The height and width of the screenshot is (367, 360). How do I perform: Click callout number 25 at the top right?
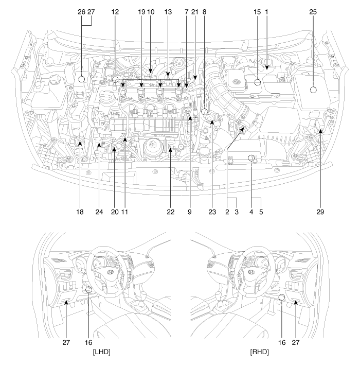313,12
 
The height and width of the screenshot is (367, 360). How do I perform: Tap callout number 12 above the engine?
115,12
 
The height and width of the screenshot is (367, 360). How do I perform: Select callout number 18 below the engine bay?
80,212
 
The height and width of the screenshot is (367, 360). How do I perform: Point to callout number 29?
320,212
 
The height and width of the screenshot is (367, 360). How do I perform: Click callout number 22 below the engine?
171,212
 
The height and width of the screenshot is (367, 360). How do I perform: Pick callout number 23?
212,212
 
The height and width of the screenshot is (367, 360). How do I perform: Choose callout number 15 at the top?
257,12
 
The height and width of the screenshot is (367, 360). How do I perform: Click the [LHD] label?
101,352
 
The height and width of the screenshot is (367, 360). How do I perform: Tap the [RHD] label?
259,352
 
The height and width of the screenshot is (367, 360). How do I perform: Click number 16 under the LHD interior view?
88,342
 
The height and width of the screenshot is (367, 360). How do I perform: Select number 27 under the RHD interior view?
296,342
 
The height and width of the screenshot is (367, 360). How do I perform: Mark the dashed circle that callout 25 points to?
313,90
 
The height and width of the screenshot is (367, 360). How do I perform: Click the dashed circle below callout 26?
81,79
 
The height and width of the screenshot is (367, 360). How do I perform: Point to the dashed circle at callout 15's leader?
257,82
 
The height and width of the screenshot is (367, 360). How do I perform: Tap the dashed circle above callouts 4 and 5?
251,159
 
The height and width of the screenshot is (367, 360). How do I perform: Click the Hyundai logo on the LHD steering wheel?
110,272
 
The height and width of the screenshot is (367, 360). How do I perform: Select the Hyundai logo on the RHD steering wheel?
251,272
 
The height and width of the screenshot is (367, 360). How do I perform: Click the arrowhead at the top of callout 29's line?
320,131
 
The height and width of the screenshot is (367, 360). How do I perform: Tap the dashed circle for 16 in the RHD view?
282,297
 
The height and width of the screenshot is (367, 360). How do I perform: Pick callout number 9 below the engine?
189,212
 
